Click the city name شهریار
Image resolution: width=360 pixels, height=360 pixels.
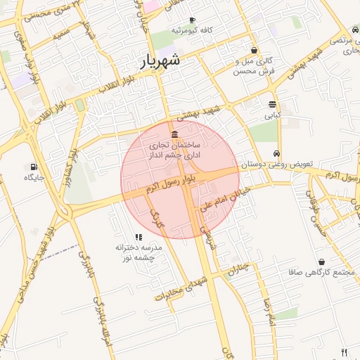[160, 60]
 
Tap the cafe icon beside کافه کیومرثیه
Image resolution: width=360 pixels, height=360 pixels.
[192, 21]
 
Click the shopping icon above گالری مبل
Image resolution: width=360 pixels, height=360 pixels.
[254, 50]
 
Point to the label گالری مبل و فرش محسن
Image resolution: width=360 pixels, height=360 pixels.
[255, 66]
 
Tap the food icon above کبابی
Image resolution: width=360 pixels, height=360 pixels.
[272, 103]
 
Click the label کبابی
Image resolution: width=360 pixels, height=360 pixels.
[272, 113]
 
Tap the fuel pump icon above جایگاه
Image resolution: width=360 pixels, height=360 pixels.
[34, 167]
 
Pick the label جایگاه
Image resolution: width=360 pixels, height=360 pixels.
[34, 177]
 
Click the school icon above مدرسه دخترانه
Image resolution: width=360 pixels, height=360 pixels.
[138, 238]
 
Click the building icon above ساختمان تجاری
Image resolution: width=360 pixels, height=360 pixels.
[174, 134]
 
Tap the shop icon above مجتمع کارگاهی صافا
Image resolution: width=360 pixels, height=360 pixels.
[321, 262]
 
